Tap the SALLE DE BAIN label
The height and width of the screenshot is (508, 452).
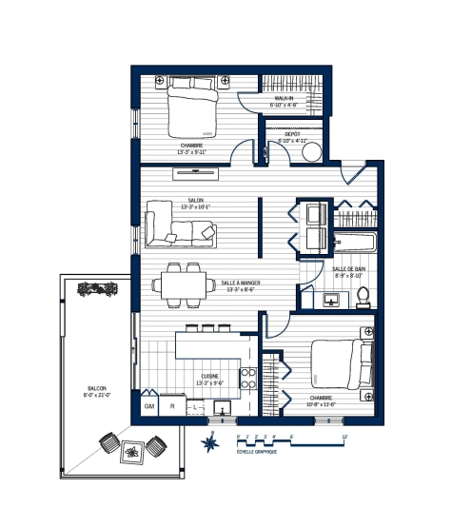tap(349, 269)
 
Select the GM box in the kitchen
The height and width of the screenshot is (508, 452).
tap(149, 406)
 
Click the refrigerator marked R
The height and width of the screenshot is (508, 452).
tap(171, 406)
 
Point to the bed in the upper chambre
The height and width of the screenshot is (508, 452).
tap(193, 107)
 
